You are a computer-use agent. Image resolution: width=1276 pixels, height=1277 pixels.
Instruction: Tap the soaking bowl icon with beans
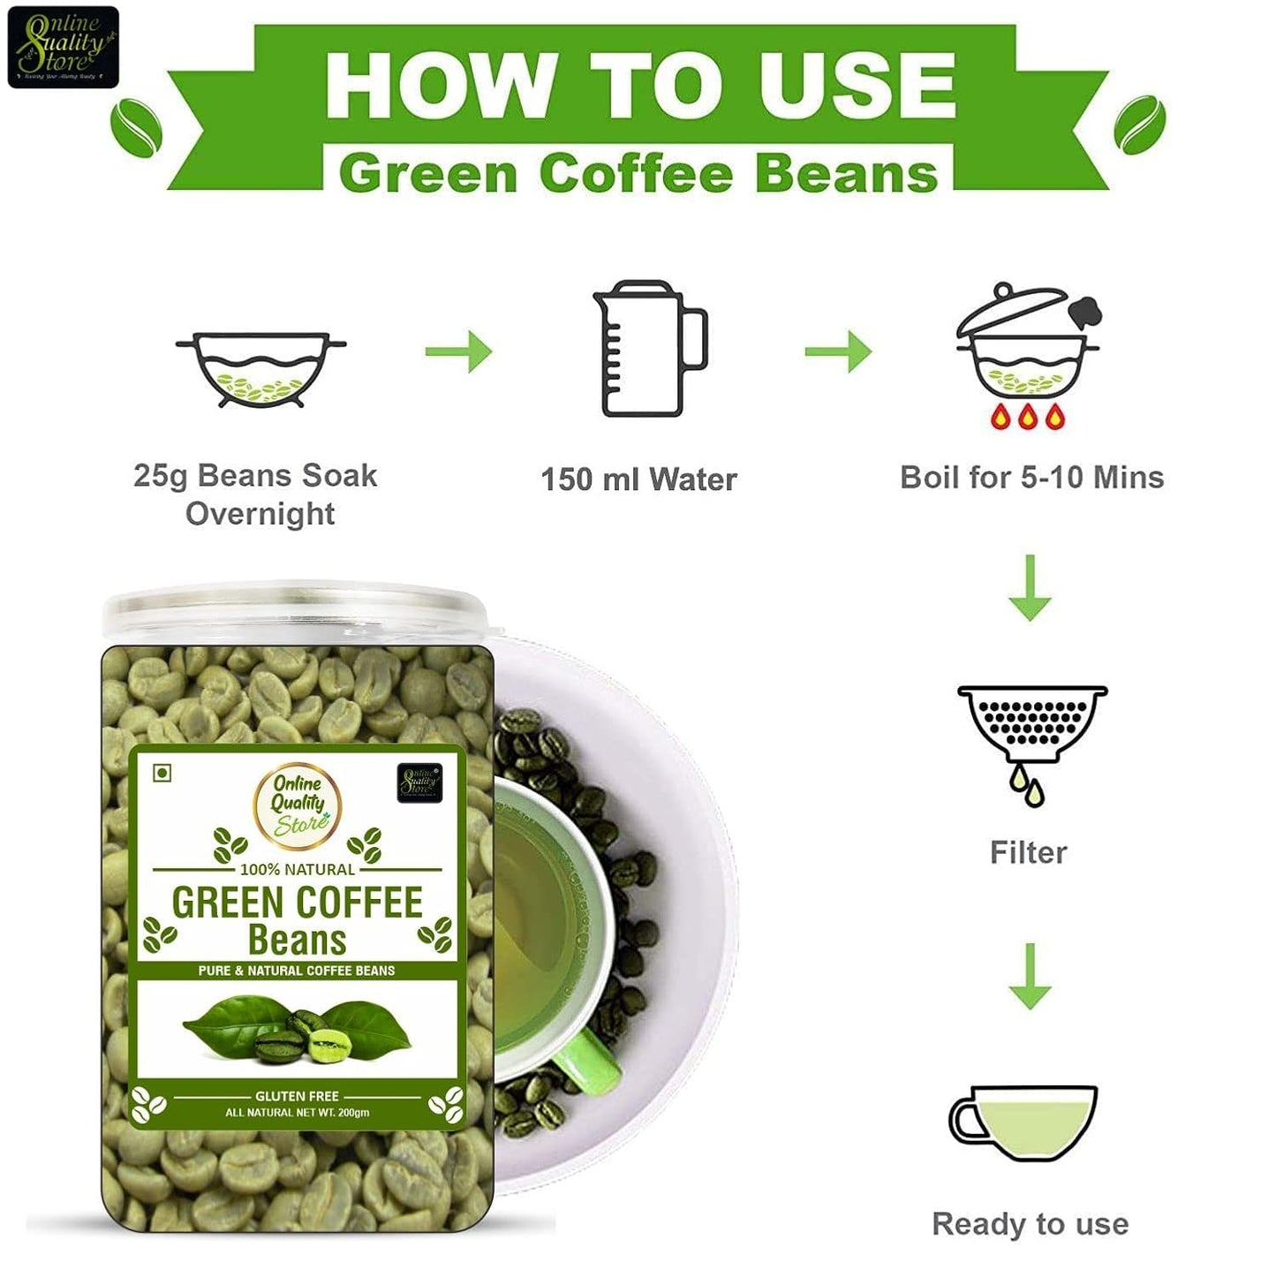click(260, 370)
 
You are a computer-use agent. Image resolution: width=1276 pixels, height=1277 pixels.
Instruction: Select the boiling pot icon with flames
click(1029, 358)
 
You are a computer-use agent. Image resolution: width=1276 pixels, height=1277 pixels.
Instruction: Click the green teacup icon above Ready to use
click(1024, 1122)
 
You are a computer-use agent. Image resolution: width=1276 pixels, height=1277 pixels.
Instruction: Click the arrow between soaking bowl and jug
click(458, 351)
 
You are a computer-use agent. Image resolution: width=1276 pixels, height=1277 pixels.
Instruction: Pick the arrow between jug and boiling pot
click(838, 351)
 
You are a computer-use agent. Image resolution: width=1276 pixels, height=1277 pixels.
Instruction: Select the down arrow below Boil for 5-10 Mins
click(1030, 588)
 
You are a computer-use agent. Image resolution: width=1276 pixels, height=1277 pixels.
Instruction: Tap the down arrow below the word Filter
click(1030, 977)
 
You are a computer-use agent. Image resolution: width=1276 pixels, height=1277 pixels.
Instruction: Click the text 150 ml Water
click(638, 480)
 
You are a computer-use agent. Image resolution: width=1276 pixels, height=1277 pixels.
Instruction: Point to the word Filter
click(1029, 852)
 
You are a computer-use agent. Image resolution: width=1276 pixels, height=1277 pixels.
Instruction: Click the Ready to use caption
click(1030, 1224)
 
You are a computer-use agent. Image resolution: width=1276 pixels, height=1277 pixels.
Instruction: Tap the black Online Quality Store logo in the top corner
click(63, 48)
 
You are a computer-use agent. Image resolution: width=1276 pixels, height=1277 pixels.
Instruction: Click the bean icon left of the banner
click(136, 127)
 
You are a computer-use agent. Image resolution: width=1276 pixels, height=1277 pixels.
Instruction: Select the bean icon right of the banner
click(1139, 125)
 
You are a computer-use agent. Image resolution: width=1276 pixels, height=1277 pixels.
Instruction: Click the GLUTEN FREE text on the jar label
click(297, 1096)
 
